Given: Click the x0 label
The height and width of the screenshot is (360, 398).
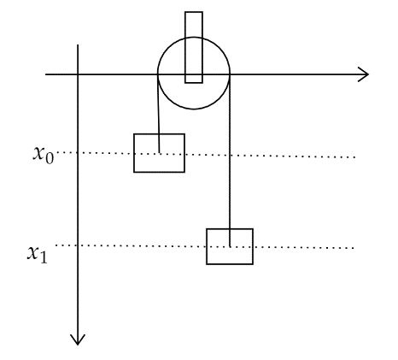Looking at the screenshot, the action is [44, 155].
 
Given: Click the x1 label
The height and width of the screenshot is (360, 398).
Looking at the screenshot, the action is [38, 254].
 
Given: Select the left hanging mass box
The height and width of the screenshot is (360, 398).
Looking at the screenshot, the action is [159, 153].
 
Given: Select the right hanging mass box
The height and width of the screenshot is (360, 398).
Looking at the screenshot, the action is [230, 246].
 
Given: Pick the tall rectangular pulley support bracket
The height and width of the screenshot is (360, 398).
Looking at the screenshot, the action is [194, 12].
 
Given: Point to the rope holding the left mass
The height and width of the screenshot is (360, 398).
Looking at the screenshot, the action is [159, 114].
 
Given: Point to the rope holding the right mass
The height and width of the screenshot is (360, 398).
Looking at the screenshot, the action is [230, 161].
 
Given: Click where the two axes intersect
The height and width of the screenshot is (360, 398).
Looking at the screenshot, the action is [78, 74].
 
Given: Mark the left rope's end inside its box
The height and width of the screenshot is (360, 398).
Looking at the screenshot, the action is [160, 153].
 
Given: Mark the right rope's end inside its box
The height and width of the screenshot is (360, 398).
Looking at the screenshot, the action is [230, 246].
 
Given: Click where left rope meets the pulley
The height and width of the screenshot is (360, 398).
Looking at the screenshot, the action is [158, 74].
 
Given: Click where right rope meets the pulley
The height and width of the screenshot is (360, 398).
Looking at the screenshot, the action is [230, 74].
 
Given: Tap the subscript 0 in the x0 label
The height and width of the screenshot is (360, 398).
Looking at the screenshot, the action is [50, 158].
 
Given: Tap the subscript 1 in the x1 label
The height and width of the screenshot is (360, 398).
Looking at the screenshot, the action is [44, 257].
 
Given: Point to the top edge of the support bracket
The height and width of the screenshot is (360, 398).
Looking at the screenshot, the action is [194, 12].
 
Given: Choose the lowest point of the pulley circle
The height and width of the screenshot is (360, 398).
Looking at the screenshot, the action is [194, 109].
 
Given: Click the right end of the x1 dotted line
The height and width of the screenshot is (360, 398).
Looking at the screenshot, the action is [354, 248].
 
